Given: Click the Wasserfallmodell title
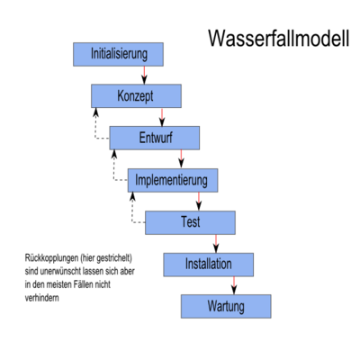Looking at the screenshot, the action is click(279, 38).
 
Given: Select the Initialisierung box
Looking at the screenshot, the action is click(118, 54).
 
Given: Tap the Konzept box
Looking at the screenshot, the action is click(136, 96).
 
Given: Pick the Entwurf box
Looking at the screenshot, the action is click(155, 138).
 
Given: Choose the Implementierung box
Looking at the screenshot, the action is click(173, 180).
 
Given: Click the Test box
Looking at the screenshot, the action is click(190, 222).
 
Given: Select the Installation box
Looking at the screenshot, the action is click(209, 265).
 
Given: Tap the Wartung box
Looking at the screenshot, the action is click(226, 306).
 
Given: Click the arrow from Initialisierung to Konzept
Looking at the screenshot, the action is click(144, 76).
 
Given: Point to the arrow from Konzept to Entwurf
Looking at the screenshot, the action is click(162, 117).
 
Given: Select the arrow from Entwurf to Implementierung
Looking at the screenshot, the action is click(181, 159).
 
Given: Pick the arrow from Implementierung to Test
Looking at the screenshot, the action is click(199, 202).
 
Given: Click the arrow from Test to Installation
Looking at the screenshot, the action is click(216, 244).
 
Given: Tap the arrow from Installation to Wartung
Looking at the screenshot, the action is click(234, 285).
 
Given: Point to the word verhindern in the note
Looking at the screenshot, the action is click(42, 298).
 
